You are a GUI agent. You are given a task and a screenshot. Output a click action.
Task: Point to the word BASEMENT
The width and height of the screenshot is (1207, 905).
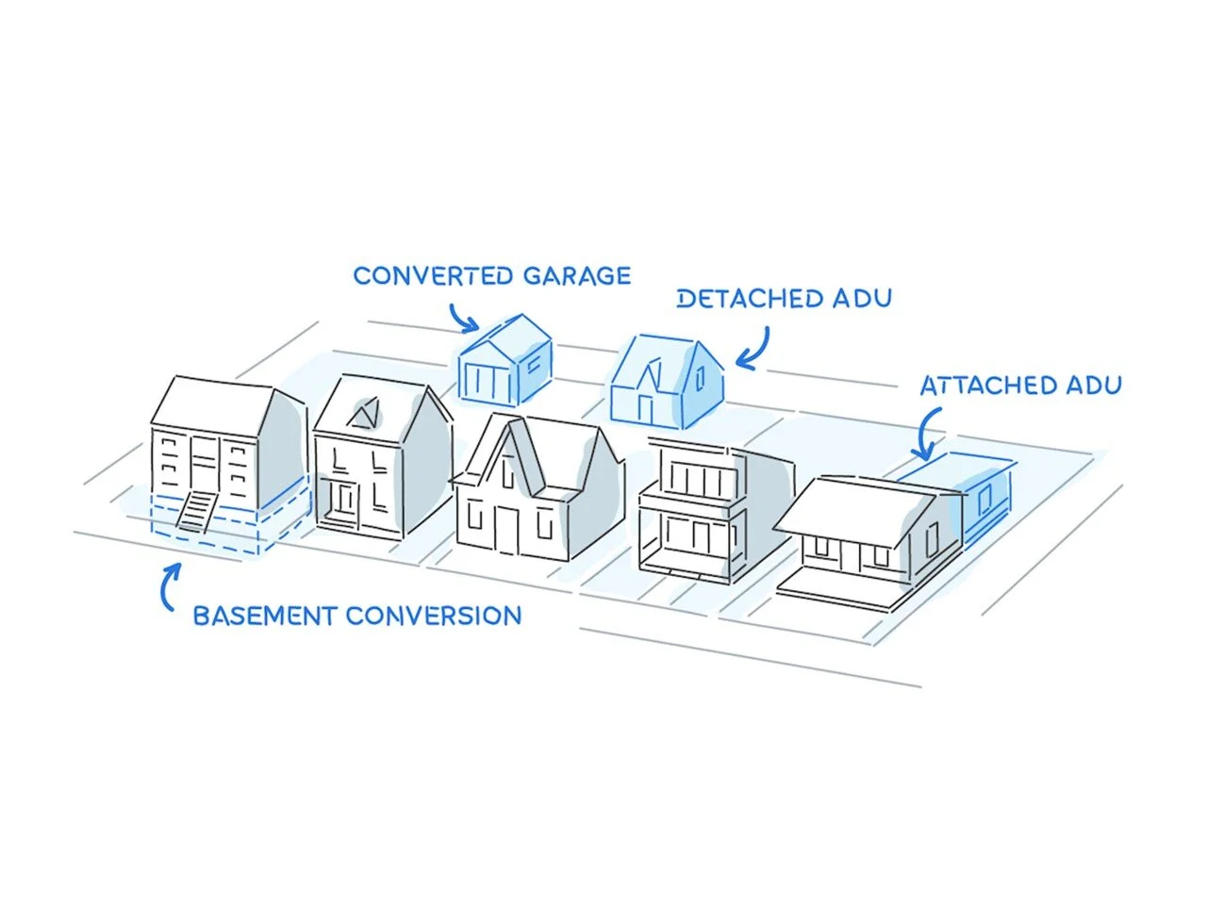tap(265, 617)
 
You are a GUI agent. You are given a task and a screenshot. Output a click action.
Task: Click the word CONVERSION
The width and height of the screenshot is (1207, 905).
tap(433, 617)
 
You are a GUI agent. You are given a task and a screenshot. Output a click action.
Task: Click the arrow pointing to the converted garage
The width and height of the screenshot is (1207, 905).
tap(462, 318)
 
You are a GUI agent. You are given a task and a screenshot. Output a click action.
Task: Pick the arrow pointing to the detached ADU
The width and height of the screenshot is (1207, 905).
tap(755, 350)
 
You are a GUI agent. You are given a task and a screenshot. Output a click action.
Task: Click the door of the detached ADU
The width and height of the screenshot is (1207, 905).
tap(646, 407)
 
